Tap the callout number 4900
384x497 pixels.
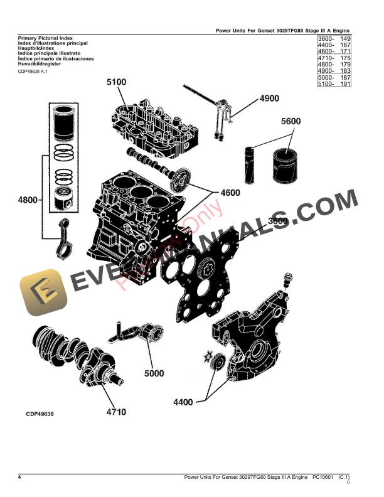(x=269, y=99)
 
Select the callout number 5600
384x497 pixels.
(x=291, y=121)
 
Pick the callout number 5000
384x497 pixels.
(x=154, y=373)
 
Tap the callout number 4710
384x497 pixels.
(x=115, y=412)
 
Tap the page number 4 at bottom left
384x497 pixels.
(x=19, y=478)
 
